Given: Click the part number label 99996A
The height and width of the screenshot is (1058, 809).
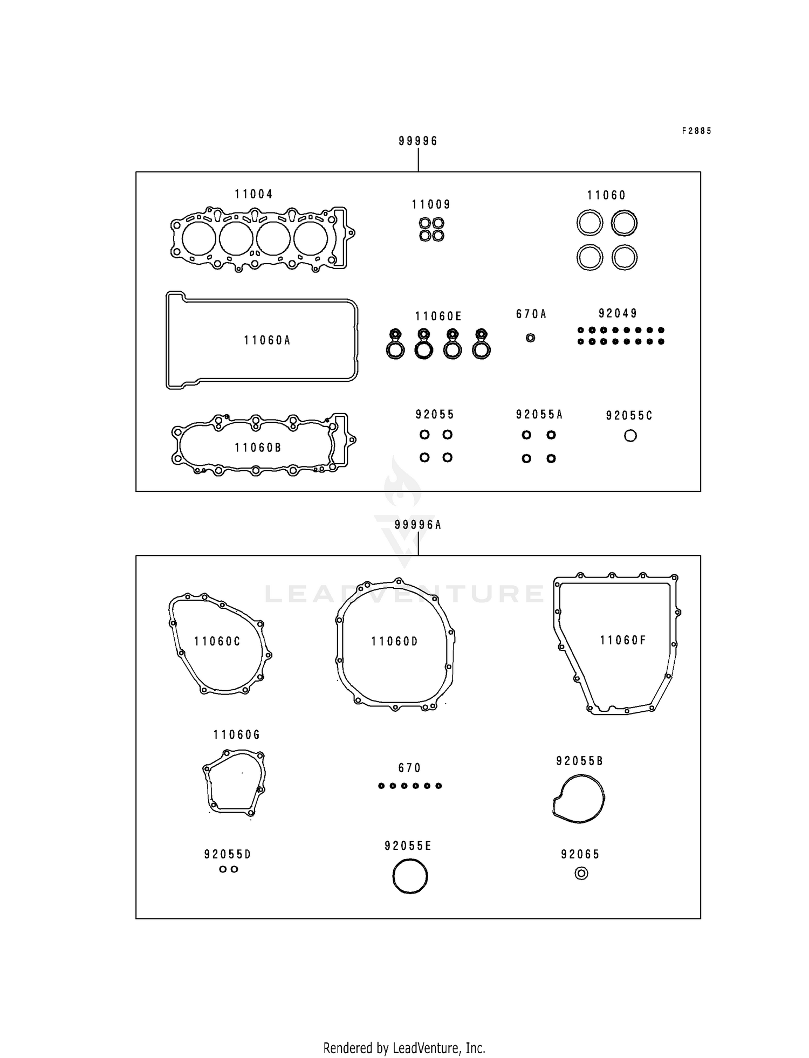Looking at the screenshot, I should pos(418,525).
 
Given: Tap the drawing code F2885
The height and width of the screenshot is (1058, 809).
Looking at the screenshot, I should pos(696,131).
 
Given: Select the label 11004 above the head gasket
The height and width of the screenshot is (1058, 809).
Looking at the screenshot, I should pos(253,194).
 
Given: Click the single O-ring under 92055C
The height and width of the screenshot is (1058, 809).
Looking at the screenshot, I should pos(630,436).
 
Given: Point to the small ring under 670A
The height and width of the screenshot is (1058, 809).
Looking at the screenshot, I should pos(530,338).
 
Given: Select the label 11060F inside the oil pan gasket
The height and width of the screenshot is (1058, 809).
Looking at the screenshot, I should pos(622,640).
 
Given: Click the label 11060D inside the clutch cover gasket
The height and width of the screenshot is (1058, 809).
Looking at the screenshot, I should pos(394,641).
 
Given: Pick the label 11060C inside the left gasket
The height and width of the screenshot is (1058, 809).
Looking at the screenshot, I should pos(217,641).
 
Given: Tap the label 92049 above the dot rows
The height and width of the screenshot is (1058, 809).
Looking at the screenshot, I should pos(618,313).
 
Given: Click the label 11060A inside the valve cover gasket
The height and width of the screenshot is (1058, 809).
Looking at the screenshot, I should pos(267,340).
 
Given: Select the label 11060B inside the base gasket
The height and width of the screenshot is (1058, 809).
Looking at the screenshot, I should pos(258,448).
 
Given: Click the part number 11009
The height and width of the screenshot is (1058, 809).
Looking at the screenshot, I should pos(431,204).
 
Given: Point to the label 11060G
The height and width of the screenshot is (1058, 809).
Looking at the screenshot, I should pos(236,734).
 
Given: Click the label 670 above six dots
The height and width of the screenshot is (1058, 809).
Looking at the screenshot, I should pos(409,767).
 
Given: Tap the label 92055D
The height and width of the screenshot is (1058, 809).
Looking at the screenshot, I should pos(228,854).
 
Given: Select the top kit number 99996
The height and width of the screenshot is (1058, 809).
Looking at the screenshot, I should pos(418,141).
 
